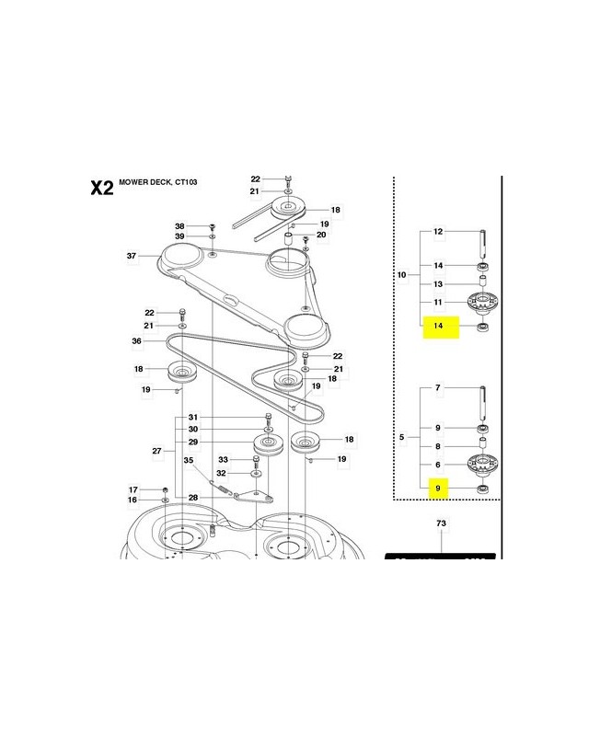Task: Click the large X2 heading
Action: [x=101, y=188]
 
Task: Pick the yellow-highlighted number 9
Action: [x=439, y=489]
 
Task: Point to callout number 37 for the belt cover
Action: [x=133, y=256]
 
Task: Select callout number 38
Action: [x=180, y=226]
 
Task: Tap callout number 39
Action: [x=180, y=236]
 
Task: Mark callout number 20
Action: [x=321, y=236]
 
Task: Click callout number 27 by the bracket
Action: [x=157, y=451]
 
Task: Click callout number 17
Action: [x=133, y=489]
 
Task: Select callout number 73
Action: [x=439, y=523]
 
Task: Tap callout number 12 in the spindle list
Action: [x=438, y=232]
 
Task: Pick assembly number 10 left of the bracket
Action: [x=401, y=274]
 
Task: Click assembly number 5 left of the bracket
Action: [x=401, y=437]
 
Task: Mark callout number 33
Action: [x=223, y=461]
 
